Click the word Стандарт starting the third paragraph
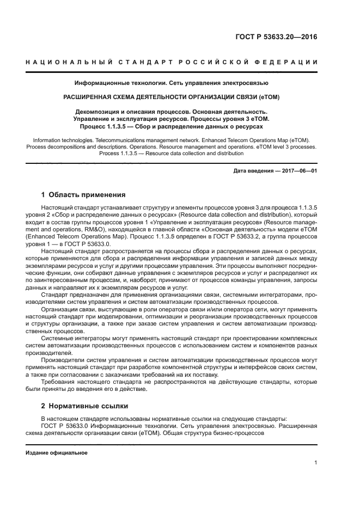[57, 294]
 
